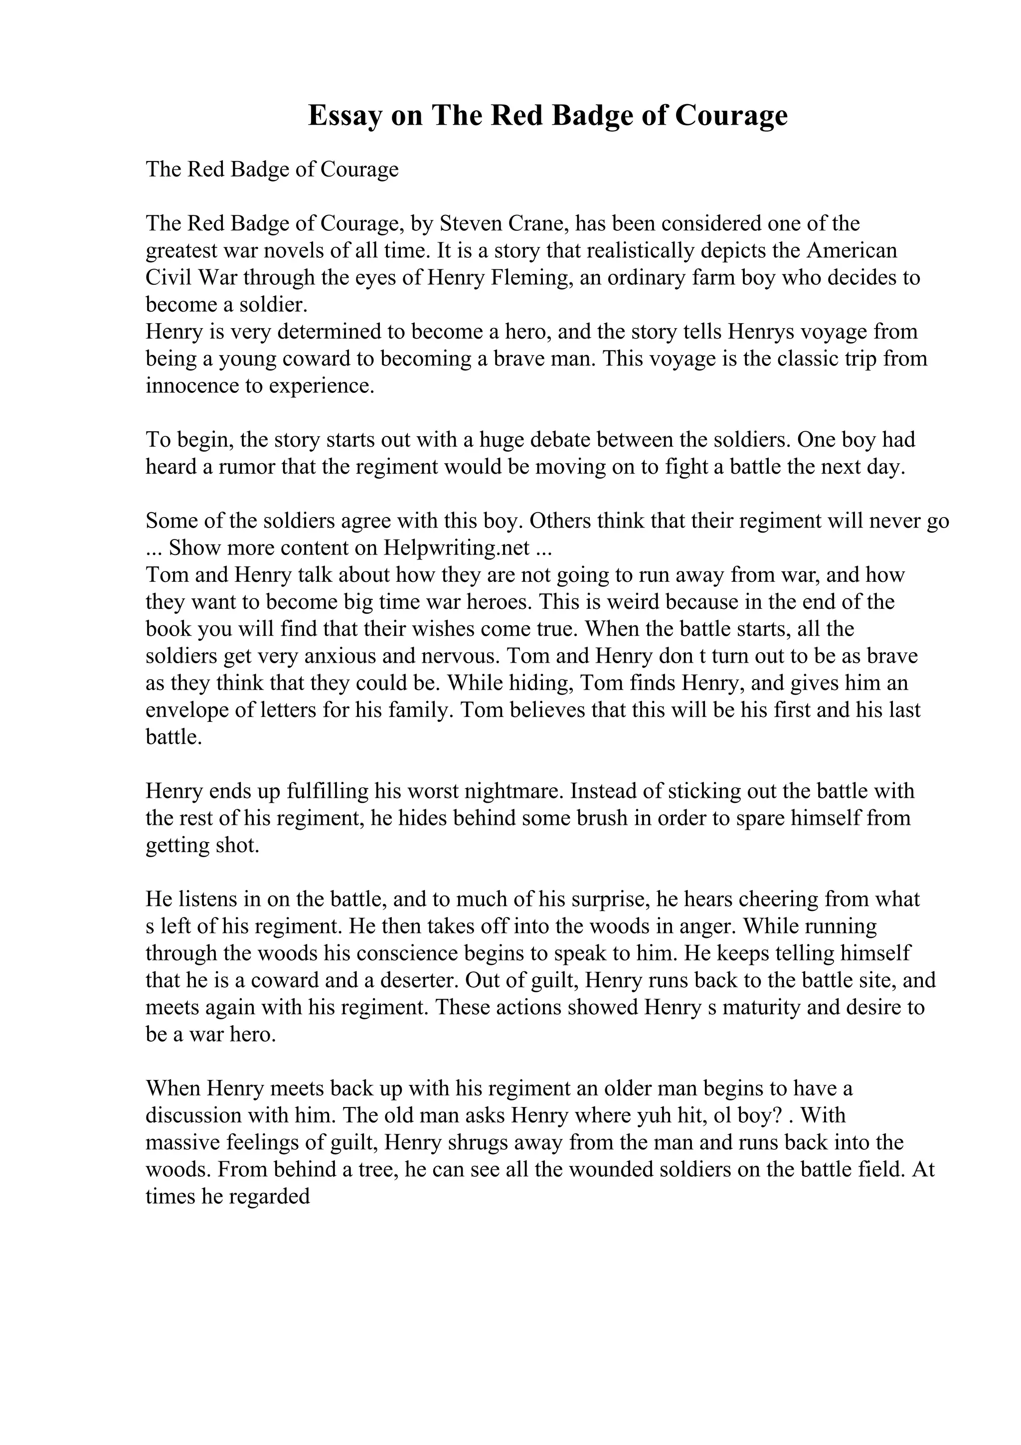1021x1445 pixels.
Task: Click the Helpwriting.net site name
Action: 456,548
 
